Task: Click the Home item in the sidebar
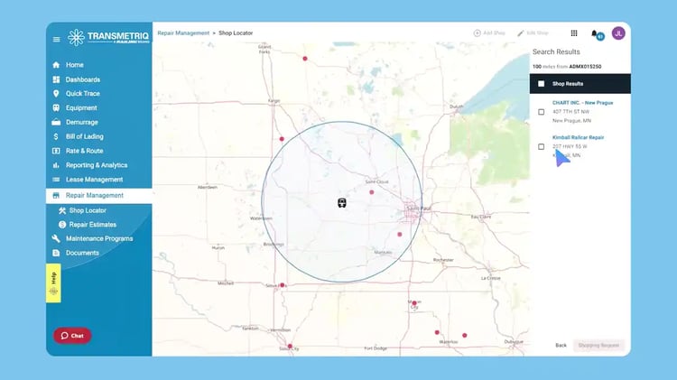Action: tap(74, 65)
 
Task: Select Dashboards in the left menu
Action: tap(82, 79)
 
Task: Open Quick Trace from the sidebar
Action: tap(83, 93)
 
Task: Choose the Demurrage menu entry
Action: tap(81, 122)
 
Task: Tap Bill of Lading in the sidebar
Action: tap(85, 136)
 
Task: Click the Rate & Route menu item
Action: tap(84, 151)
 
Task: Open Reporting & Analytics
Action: tap(96, 165)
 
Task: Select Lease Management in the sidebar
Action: tap(94, 180)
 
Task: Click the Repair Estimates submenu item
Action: tap(92, 224)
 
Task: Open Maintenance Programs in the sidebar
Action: tap(98, 238)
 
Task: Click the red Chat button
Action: tap(72, 335)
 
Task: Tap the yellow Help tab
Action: tap(53, 278)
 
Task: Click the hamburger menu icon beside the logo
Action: tap(57, 39)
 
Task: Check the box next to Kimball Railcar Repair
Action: tap(542, 146)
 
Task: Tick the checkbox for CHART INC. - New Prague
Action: tap(542, 112)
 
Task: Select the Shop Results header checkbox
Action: tap(542, 84)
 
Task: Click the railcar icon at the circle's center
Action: tap(342, 203)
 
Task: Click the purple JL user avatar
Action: tap(618, 33)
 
